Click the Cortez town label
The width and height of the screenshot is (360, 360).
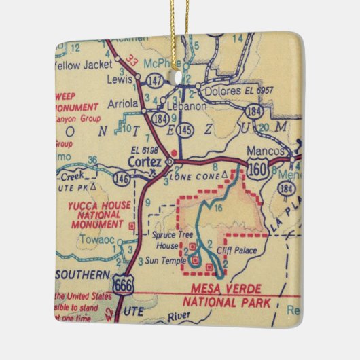point(144,162)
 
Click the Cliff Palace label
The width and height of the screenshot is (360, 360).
point(238,251)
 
